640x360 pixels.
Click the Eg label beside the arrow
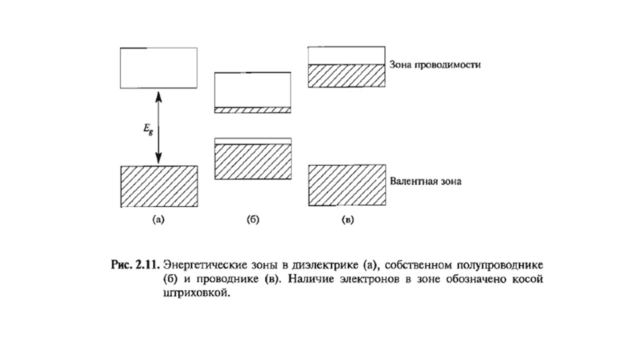coord(148,130)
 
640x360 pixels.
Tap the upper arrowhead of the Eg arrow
coord(158,97)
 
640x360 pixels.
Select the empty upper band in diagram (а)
coord(158,68)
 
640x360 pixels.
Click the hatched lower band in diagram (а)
coord(159,186)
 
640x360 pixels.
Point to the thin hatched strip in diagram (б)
coord(252,110)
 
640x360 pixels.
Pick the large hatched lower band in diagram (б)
coord(253,161)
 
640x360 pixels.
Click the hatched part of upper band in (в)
coord(346,75)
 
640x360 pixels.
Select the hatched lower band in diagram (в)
coord(347,185)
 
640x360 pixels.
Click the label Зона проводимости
coord(435,65)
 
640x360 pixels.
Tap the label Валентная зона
coord(425,181)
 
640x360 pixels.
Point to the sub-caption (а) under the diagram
coord(158,219)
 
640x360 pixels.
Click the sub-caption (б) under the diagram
coord(253,219)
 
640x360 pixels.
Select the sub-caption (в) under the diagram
coord(347,219)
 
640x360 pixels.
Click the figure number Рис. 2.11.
coord(135,265)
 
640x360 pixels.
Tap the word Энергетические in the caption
coord(205,265)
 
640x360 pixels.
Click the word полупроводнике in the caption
coord(500,265)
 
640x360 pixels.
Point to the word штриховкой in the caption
coord(196,293)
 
